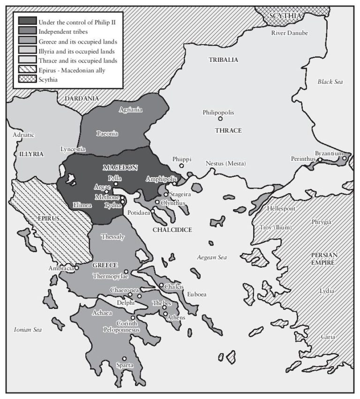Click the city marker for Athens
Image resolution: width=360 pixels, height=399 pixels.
coord(165,313)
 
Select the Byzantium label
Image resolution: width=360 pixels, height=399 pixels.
coord(329,153)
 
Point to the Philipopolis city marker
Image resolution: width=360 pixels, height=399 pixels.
coord(220,119)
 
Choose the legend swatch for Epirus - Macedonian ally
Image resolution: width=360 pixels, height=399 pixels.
coord(28,70)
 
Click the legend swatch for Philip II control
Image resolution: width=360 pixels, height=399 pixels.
coord(28,20)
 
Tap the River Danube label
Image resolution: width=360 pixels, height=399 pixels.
coord(290,32)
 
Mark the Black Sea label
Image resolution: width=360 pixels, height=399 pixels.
coord(330,82)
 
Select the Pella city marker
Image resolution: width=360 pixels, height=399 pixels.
coord(116,184)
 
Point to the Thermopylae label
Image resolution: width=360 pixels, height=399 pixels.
coord(110,276)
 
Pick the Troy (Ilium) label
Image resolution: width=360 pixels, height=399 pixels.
coord(276,228)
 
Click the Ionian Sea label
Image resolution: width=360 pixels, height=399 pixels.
coord(28,330)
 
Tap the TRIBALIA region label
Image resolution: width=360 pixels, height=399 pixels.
coord(224,60)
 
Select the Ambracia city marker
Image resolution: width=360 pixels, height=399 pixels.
coord(77,268)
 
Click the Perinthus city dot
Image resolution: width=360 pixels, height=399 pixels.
coord(319,160)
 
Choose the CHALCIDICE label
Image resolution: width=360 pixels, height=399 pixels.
coord(172,230)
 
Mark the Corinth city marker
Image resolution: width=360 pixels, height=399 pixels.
coord(133,317)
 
